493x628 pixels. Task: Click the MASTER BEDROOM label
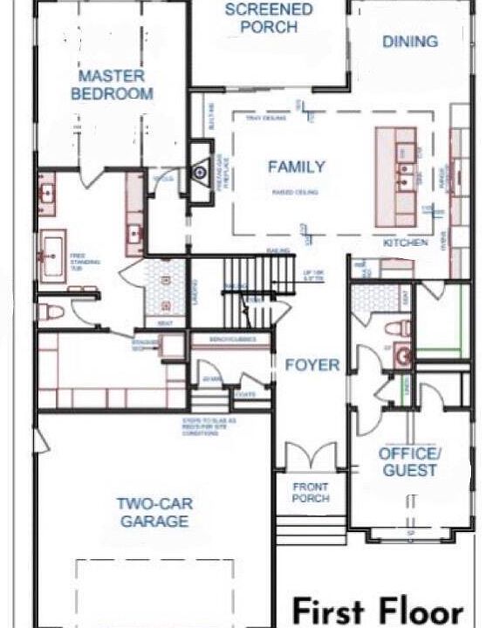pyautogui.click(x=115, y=85)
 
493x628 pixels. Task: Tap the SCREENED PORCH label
pyautogui.click(x=269, y=18)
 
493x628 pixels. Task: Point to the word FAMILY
pyautogui.click(x=296, y=167)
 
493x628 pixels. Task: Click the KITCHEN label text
pyautogui.click(x=406, y=242)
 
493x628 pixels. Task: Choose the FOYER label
pyautogui.click(x=312, y=365)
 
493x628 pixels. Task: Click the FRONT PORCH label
pyautogui.click(x=311, y=493)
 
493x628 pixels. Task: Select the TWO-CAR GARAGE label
pyautogui.click(x=154, y=513)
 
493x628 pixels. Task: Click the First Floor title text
pyautogui.click(x=377, y=611)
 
